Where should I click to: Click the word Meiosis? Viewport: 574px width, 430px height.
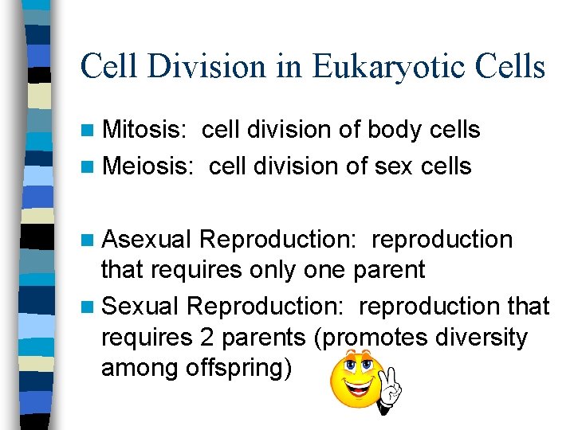(x=148, y=166)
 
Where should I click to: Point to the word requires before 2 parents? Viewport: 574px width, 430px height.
(x=146, y=338)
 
